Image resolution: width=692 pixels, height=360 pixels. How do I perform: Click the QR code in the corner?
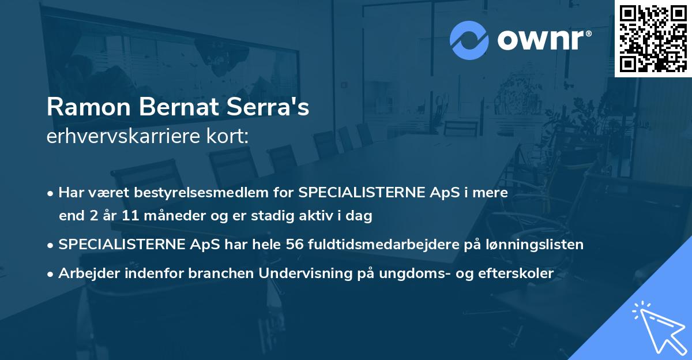[x=653, y=38]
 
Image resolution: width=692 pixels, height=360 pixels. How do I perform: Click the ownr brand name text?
[x=544, y=39]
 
